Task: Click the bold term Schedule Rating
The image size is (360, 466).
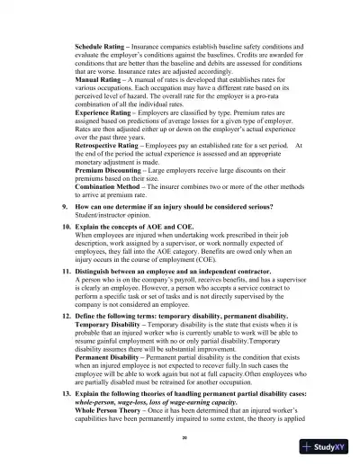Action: [102, 45]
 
